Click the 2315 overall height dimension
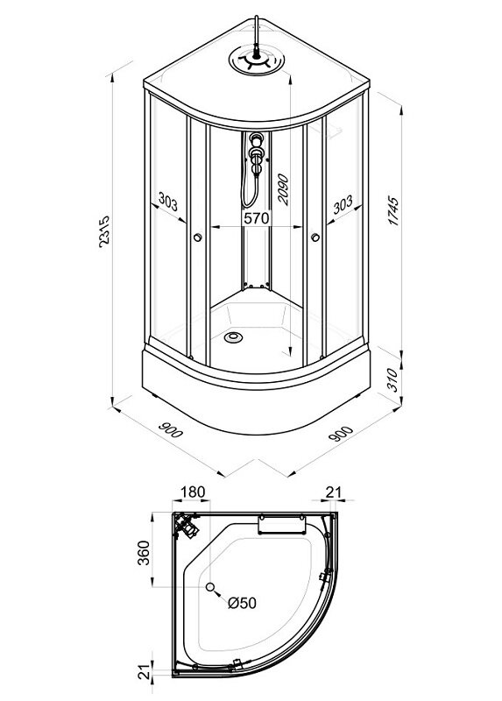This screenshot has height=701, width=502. coord(103,231)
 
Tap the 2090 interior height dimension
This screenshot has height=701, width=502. coord(283,189)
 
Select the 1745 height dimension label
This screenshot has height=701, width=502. coord(393,210)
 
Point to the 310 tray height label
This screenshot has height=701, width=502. coord(392,379)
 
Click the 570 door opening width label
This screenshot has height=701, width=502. coord(257,218)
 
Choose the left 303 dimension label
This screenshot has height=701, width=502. coord(168,202)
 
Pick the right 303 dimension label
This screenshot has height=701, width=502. coord(343,203)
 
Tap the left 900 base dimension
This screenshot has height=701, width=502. coord(171,429)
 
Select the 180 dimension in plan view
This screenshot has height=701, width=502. coord(192,492)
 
